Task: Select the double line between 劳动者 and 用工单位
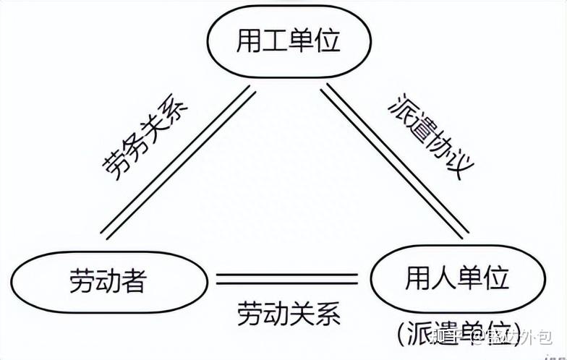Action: coord(177,162)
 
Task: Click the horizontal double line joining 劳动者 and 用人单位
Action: coord(288,278)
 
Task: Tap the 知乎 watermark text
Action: coord(448,338)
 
